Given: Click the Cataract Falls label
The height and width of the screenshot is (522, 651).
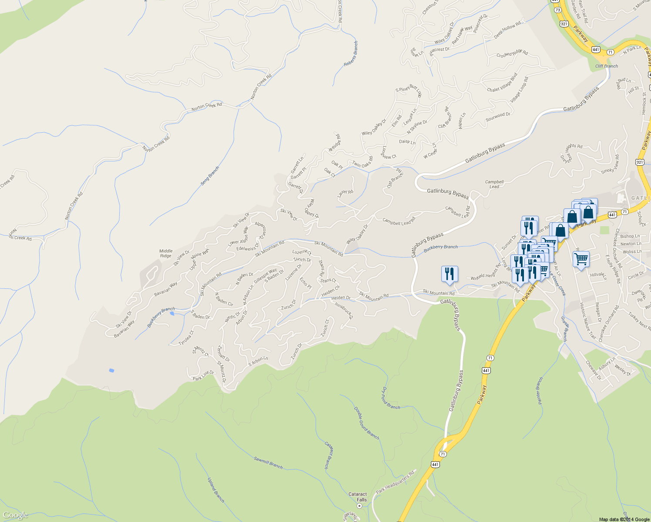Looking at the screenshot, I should pyautogui.click(x=358, y=497).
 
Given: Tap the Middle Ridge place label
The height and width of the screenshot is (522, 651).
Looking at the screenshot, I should pyautogui.click(x=166, y=253).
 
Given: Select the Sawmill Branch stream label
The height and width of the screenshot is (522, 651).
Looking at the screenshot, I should pyautogui.click(x=268, y=463).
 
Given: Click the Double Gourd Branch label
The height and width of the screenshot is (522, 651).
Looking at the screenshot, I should pyautogui.click(x=366, y=423).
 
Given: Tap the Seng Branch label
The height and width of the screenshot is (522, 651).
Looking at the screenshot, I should pyautogui.click(x=210, y=176).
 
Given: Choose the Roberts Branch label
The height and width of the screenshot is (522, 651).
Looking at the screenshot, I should pyautogui.click(x=351, y=54).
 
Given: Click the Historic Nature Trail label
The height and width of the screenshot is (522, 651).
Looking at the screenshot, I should pyautogui.click(x=587, y=321).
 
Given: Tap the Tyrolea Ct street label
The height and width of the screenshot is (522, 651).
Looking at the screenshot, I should pyautogui.click(x=186, y=338).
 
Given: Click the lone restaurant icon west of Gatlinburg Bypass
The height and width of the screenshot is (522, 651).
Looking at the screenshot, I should pyautogui.click(x=449, y=274).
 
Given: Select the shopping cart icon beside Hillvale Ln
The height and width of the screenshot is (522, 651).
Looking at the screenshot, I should pyautogui.click(x=581, y=259).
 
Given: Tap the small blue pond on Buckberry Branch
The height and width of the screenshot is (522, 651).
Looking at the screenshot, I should pyautogui.click(x=172, y=313).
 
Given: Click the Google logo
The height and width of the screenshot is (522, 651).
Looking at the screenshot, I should pyautogui.click(x=15, y=515).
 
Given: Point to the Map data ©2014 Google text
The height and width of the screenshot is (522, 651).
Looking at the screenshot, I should pyautogui.click(x=624, y=519).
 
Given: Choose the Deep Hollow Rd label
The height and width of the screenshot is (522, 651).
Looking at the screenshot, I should pyautogui.click(x=507, y=31).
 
